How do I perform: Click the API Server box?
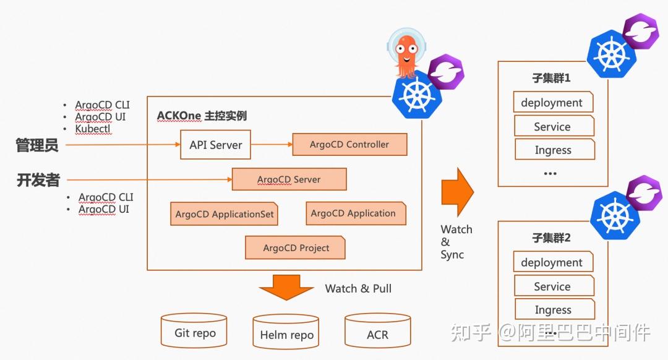[215, 145]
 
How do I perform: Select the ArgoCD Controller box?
[349, 145]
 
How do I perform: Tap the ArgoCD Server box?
[289, 179]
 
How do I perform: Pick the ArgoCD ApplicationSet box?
[224, 214]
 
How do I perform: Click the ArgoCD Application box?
[355, 213]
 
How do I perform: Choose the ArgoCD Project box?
[295, 248]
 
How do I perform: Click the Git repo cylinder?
[194, 332]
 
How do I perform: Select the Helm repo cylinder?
[286, 333]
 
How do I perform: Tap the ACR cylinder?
[377, 333]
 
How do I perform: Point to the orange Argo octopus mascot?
[406, 53]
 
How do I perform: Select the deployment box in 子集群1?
[552, 103]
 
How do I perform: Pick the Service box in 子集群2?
[553, 286]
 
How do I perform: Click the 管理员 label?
[37, 145]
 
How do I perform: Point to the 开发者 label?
[38, 180]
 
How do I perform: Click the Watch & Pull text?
[358, 288]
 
